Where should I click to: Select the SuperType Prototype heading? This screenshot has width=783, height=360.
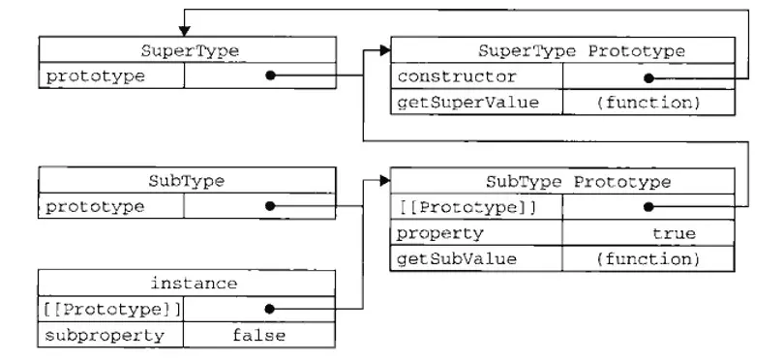coord(581,51)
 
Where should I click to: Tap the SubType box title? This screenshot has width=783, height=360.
coord(187,181)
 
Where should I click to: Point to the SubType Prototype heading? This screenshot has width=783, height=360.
coord(578,182)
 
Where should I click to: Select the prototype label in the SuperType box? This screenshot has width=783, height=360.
coord(95,75)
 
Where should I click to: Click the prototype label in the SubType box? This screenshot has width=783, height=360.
coord(95,206)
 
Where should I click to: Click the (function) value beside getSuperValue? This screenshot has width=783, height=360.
coord(646,102)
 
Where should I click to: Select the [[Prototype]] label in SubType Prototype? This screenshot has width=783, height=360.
coord(467,207)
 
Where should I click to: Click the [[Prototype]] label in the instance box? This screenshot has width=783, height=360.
coord(110,310)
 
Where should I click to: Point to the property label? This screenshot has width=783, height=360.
coord(440,233)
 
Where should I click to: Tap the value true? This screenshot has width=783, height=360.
coord(673,233)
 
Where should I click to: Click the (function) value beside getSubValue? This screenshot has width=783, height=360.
coord(646,258)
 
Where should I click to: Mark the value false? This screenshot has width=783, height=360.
coord(258,335)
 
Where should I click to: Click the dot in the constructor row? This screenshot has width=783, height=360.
coord(647,77)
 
